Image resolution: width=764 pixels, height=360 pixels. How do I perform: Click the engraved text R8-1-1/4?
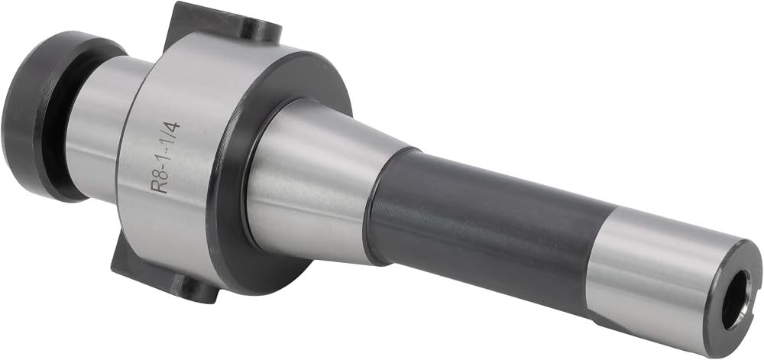click(166, 157)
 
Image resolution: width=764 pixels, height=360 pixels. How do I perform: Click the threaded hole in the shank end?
click(736, 300)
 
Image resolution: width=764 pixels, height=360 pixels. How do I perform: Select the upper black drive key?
click(222, 24)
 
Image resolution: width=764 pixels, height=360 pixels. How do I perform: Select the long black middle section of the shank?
click(487, 229)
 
